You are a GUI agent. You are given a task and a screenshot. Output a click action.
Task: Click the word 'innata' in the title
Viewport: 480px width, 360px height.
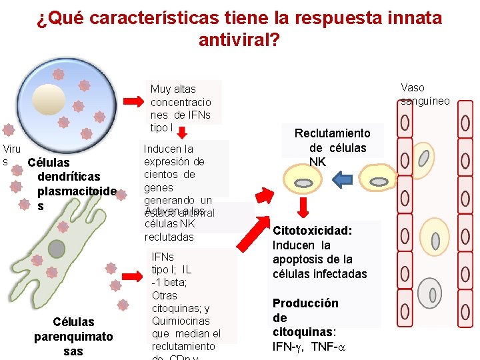409,18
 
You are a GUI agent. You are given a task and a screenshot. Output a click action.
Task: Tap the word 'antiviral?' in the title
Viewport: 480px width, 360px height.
239,41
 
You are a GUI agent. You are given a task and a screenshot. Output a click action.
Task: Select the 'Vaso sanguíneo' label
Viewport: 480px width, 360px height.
425,94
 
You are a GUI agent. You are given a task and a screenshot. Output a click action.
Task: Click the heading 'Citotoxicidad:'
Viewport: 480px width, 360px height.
311,230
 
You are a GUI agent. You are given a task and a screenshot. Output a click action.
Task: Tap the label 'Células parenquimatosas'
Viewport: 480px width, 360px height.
73,336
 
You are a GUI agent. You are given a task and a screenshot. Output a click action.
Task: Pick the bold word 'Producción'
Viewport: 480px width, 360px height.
305,303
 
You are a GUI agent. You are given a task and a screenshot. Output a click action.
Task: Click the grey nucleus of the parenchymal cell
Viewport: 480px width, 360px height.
57,249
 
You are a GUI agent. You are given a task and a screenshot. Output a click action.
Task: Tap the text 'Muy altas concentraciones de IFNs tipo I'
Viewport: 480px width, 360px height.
181,108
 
